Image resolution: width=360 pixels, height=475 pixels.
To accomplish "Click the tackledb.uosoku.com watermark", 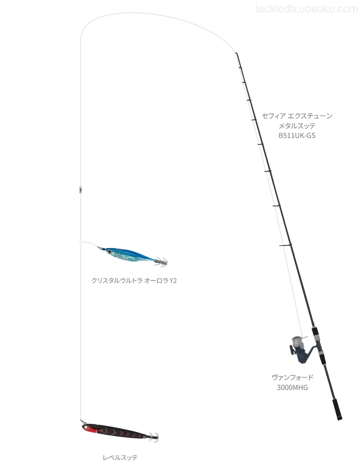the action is click(x=306, y=9).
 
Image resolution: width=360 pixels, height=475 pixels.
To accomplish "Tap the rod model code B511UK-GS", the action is click(x=297, y=135).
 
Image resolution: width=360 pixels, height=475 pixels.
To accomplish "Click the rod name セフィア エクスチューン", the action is click(x=297, y=115).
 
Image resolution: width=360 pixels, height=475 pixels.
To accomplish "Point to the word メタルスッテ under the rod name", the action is click(x=297, y=125).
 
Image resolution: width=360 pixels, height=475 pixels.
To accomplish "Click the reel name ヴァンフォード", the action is click(x=292, y=377).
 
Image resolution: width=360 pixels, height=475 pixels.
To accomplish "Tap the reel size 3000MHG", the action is click(x=292, y=387).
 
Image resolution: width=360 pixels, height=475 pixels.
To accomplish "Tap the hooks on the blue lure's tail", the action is click(x=161, y=261).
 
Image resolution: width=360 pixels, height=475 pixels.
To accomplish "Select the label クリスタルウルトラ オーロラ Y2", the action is click(x=134, y=280).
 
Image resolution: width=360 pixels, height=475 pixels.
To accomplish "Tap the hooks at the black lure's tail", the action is click(x=153, y=437).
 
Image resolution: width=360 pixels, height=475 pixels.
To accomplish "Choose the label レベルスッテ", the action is click(x=120, y=457).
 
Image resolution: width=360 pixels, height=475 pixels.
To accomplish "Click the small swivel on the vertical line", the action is click(x=80, y=189).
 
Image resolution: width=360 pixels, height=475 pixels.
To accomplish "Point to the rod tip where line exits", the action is click(x=236, y=53).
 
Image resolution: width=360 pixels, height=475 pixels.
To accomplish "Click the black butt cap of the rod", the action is click(x=337, y=409).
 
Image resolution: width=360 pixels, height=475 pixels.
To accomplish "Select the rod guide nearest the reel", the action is click(x=285, y=245).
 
